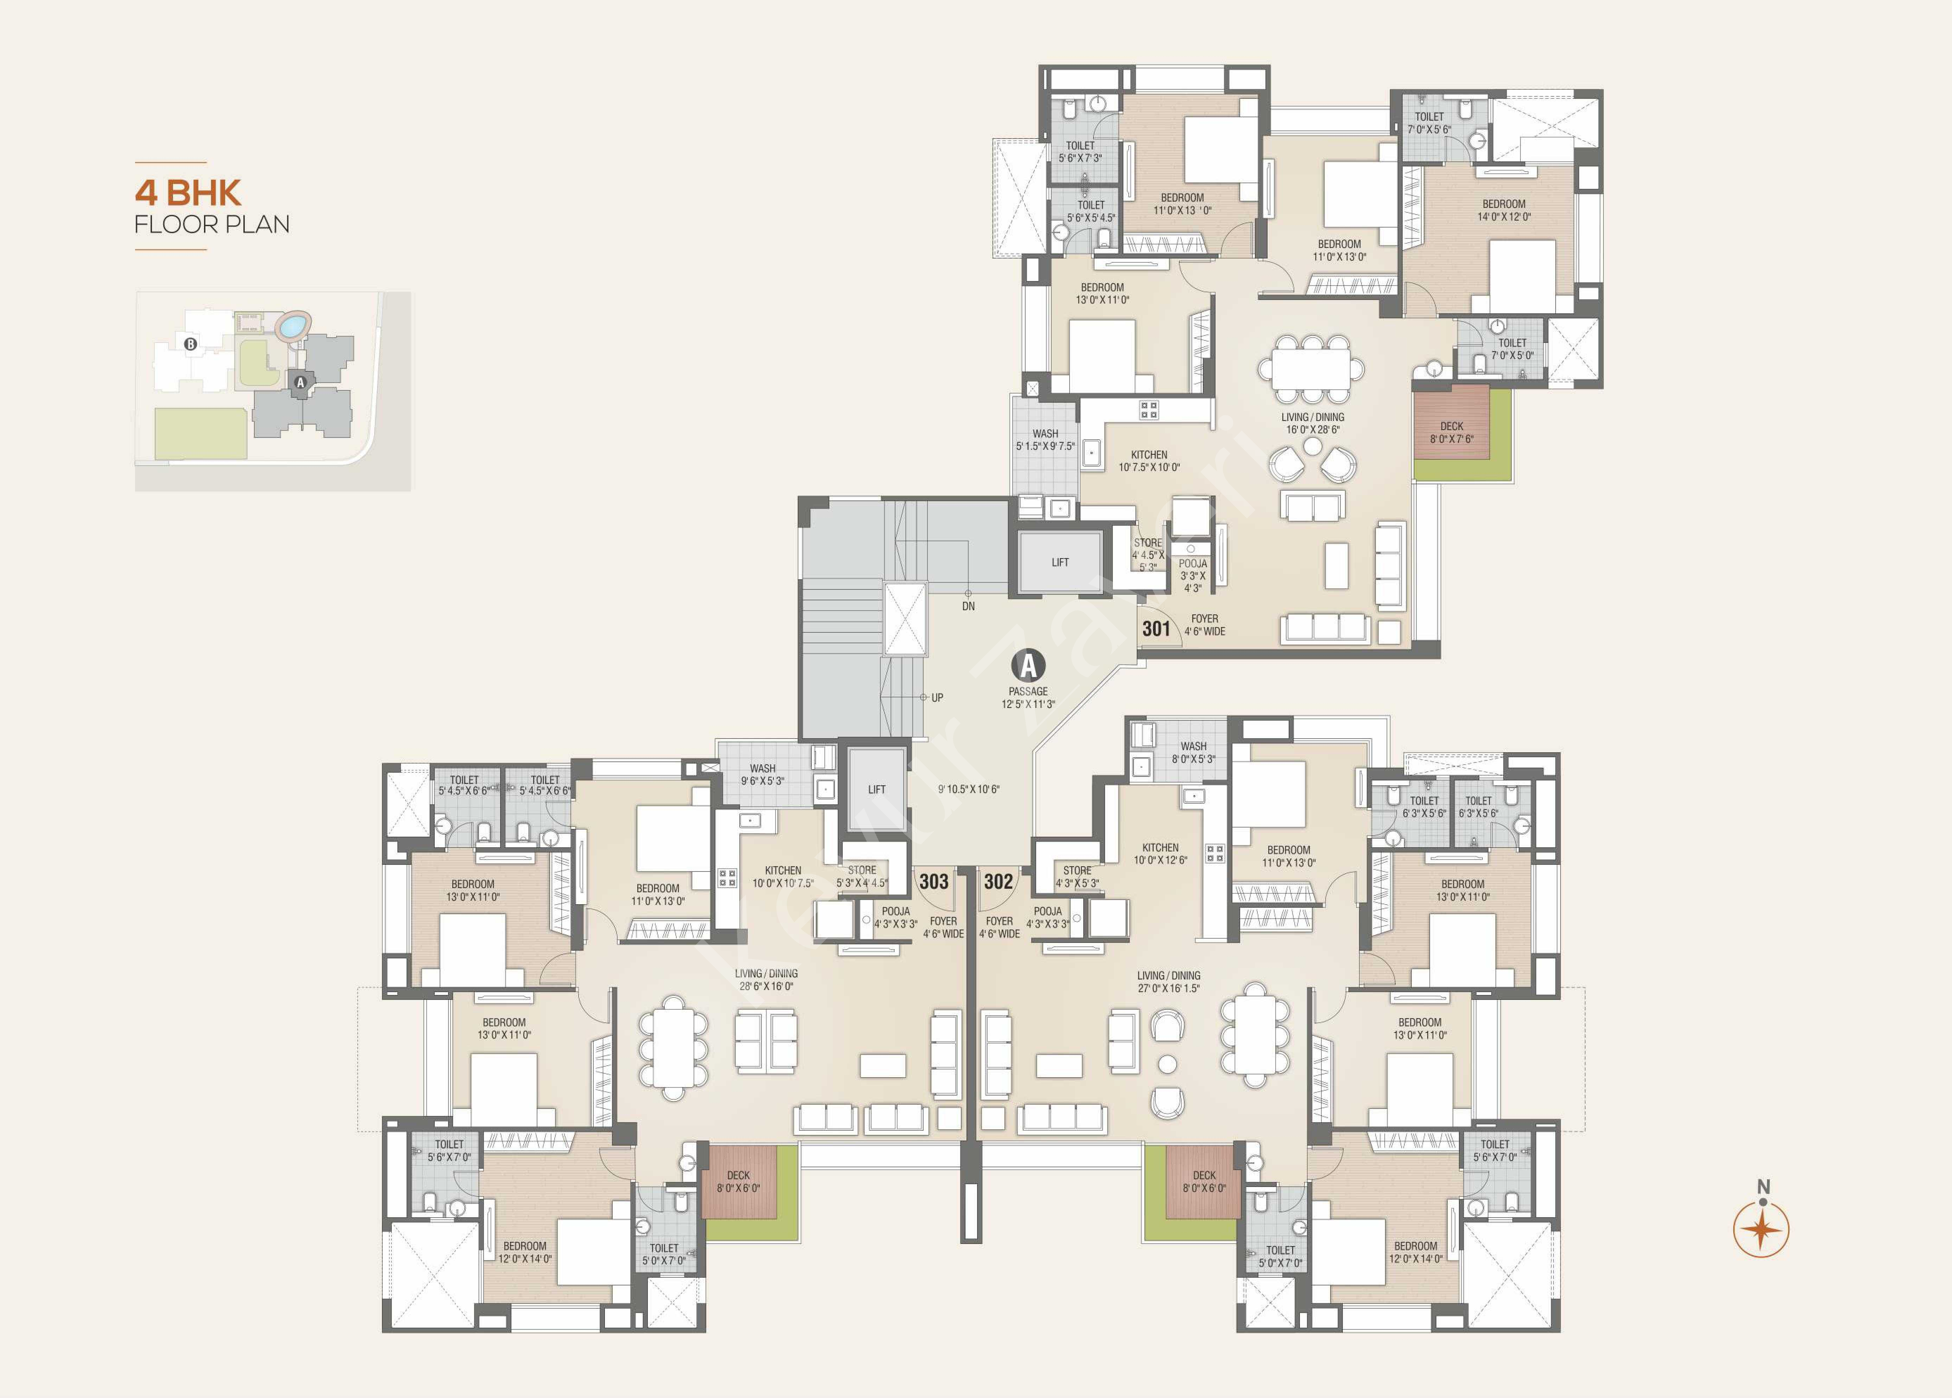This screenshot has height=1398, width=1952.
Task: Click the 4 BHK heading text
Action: (187, 192)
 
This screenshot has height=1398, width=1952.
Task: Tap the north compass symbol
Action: (1761, 1225)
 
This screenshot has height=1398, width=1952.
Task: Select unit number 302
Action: (999, 881)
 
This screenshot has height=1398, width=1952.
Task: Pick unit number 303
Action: (934, 881)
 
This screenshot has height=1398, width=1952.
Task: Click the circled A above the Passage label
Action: (1028, 665)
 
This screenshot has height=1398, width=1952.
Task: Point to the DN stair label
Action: (968, 606)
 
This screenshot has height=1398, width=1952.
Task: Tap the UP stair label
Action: (937, 697)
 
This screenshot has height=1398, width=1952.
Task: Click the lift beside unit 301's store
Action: (1059, 562)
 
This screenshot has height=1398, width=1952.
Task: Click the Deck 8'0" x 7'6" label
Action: (1452, 432)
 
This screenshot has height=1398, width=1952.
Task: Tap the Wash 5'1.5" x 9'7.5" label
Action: (1046, 440)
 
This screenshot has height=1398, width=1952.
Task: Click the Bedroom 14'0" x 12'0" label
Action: (1504, 210)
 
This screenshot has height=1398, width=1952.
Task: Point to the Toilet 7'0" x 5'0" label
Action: (1512, 349)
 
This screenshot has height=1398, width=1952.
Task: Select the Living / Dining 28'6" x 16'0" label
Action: (766, 979)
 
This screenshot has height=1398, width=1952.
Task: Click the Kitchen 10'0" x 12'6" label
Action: (1160, 853)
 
